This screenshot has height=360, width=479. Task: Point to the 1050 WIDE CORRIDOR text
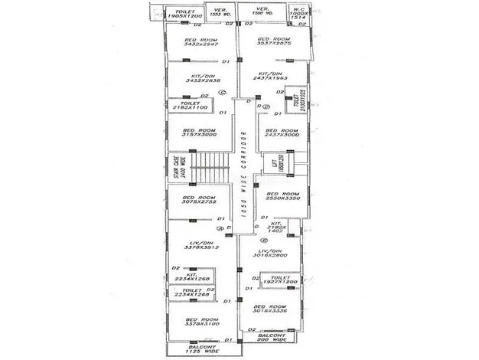pyautogui.click(x=243, y=180)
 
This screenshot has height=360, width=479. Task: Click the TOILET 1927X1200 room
pyautogui.click(x=277, y=282)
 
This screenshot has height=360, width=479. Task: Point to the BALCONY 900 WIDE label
pyautogui.click(x=272, y=338)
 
